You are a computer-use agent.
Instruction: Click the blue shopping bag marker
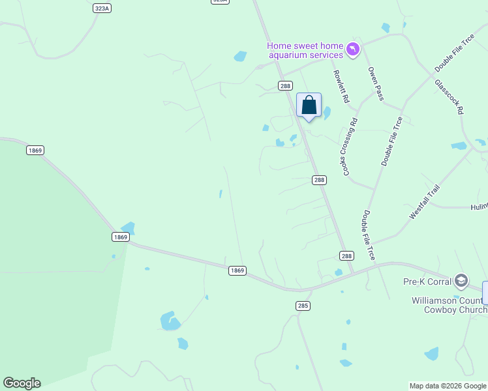(309, 105)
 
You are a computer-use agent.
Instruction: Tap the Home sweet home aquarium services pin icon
(353, 50)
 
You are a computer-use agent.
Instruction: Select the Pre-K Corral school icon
(461, 281)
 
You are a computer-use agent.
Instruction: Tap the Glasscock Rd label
(449, 97)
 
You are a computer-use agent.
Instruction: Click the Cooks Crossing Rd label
(348, 147)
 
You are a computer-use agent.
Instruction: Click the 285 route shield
(303, 305)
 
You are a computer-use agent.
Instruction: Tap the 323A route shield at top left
(102, 8)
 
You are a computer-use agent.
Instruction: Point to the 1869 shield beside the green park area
(35, 151)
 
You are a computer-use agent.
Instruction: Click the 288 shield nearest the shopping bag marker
(285, 85)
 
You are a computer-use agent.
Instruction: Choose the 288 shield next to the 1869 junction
(346, 256)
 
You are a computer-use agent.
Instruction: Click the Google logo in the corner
(22, 383)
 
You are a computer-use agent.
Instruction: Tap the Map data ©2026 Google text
(448, 386)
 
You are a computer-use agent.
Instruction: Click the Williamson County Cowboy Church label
(449, 305)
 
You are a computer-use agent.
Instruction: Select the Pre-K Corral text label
(427, 282)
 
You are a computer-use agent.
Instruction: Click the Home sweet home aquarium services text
(305, 50)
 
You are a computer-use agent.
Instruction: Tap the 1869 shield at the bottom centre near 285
(237, 270)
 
